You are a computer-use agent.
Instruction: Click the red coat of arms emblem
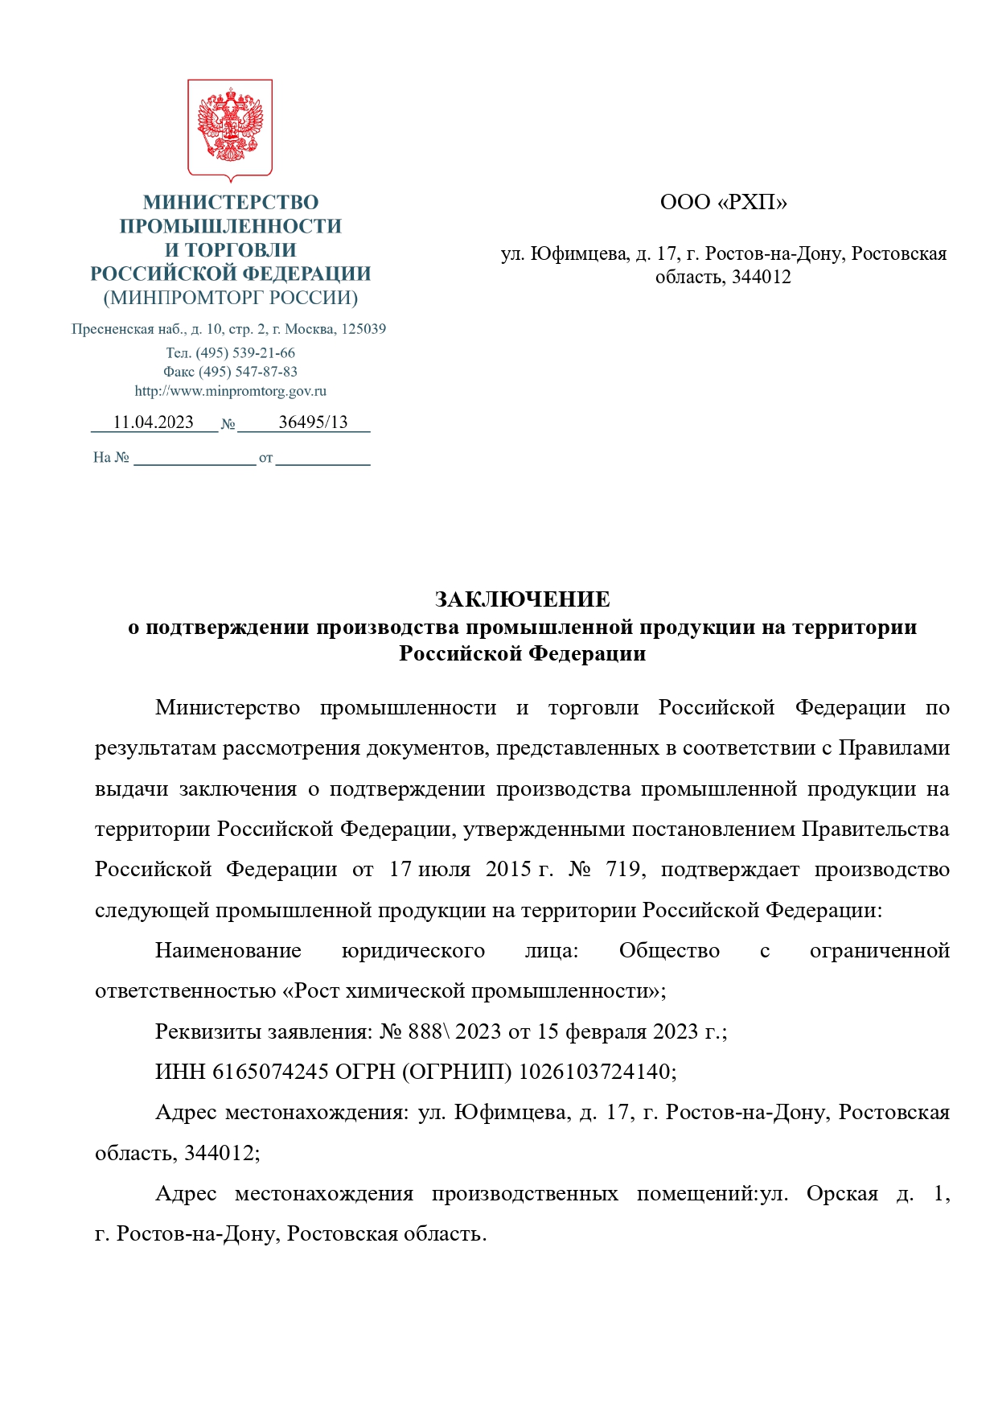pyautogui.click(x=230, y=129)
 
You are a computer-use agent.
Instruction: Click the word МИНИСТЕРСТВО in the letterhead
pyautogui.click(x=231, y=202)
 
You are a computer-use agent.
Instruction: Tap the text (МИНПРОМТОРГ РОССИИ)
pyautogui.click(x=231, y=298)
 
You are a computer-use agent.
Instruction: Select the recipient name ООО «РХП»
pyautogui.click(x=723, y=202)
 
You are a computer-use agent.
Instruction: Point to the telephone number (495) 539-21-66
pyautogui.click(x=245, y=353)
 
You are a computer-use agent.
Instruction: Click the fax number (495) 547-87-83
pyautogui.click(x=248, y=372)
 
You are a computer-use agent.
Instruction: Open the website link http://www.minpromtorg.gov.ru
pyautogui.click(x=231, y=391)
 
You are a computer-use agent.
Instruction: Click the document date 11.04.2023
pyautogui.click(x=153, y=422)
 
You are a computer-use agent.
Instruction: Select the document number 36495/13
pyautogui.click(x=313, y=422)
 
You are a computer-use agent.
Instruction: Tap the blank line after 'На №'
pyautogui.click(x=195, y=459)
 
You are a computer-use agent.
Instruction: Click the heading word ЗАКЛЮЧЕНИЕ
pyautogui.click(x=522, y=599)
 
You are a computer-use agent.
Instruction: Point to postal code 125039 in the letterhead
pyautogui.click(x=363, y=329)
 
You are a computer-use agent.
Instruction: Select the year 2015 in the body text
pyautogui.click(x=508, y=870)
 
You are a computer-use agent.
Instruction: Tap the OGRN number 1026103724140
pyautogui.click(x=593, y=1072)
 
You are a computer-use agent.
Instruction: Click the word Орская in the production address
pyautogui.click(x=842, y=1193)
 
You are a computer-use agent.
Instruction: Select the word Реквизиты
pyautogui.click(x=208, y=1031)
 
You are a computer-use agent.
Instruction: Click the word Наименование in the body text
pyautogui.click(x=228, y=951)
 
